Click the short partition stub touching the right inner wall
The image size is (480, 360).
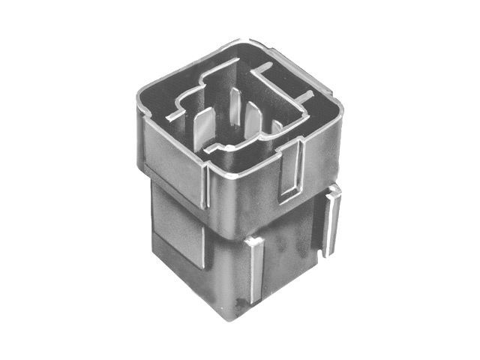308,96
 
